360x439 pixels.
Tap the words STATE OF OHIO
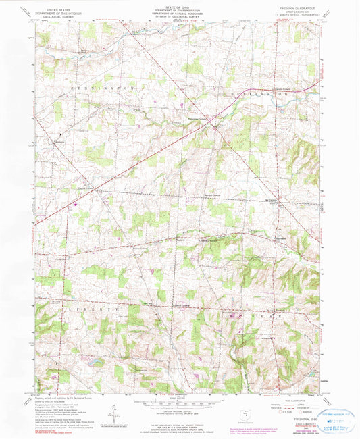coord(180,5)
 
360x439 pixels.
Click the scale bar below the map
coord(179,400)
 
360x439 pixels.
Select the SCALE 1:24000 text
coord(179,395)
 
